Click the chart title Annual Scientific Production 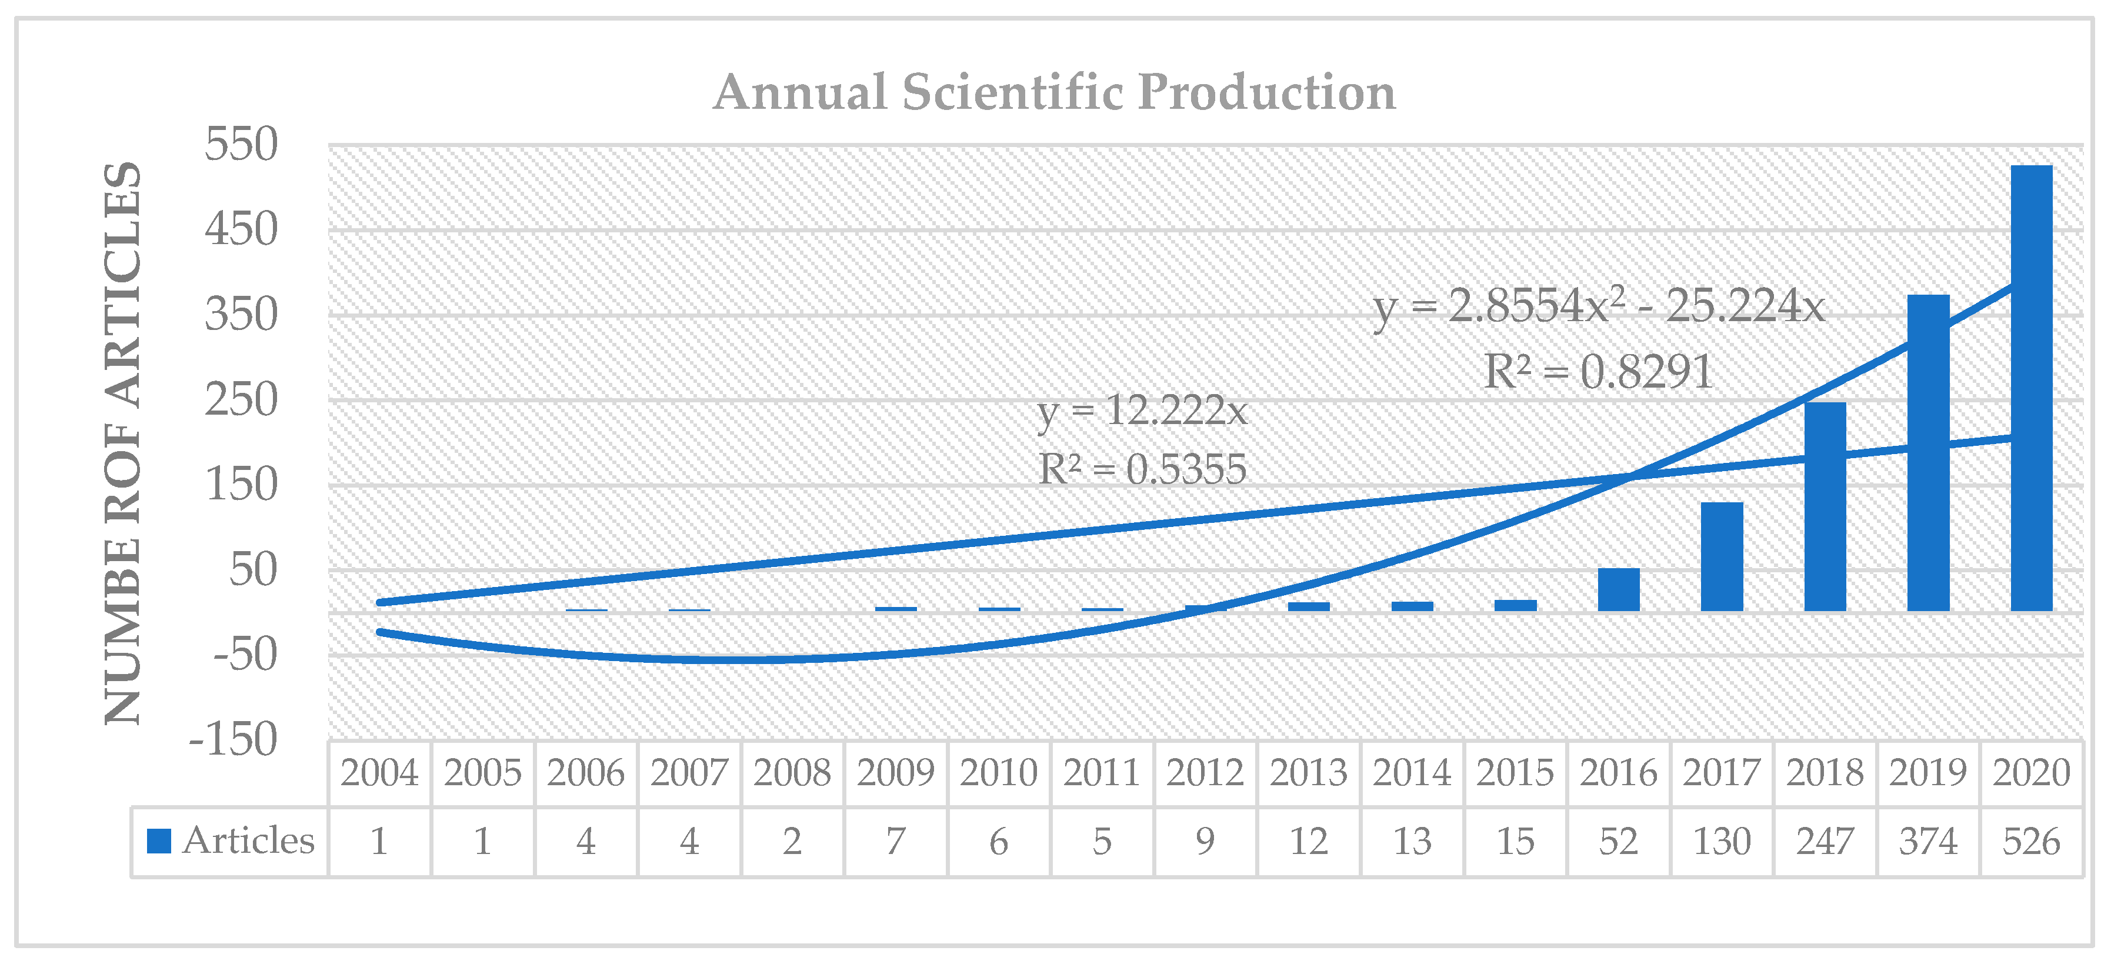(x=1054, y=91)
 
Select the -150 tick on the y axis (x=234, y=739)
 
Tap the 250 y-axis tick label (x=241, y=400)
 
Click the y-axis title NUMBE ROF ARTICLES (x=123, y=443)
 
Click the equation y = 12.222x (x=1142, y=410)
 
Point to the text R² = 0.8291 (x=1598, y=372)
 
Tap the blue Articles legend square (x=158, y=840)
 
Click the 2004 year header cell (x=379, y=773)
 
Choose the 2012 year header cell (x=1205, y=773)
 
